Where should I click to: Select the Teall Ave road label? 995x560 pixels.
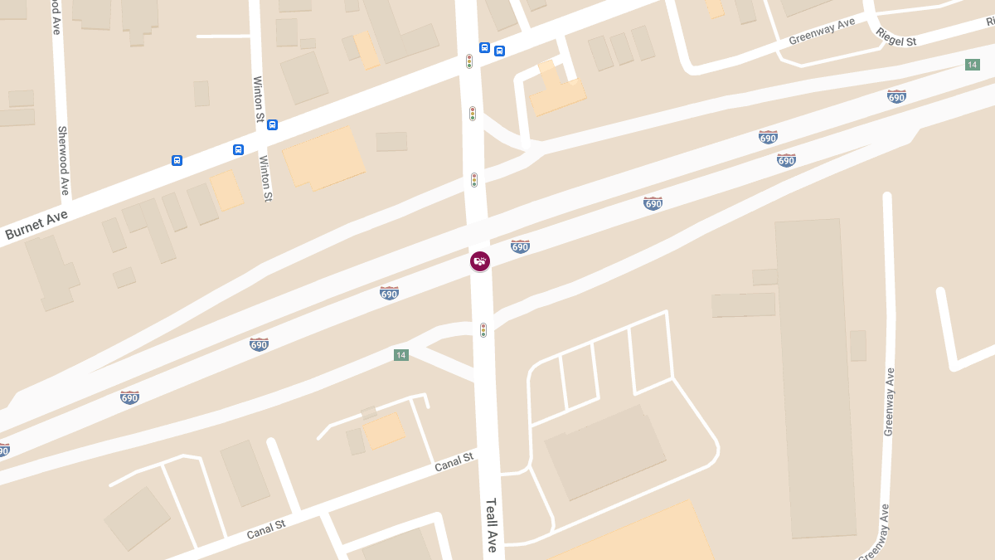click(492, 524)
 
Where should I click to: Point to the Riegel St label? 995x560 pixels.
click(896, 37)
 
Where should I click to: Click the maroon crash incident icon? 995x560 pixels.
click(480, 261)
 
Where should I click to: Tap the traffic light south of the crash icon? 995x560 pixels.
click(483, 330)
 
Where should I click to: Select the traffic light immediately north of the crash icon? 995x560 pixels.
click(474, 180)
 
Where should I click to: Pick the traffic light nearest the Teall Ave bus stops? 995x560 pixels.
click(469, 61)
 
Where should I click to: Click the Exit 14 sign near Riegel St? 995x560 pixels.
click(973, 65)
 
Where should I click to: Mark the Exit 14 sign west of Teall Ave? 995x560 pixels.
click(401, 355)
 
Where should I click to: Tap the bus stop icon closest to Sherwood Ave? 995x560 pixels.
click(177, 160)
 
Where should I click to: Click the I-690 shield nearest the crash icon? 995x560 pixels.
click(520, 246)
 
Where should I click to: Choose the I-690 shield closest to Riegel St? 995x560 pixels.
click(896, 96)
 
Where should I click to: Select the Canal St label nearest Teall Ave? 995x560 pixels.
click(454, 462)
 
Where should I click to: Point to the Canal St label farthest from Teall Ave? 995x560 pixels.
click(266, 529)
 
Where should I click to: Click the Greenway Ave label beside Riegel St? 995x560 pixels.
click(822, 32)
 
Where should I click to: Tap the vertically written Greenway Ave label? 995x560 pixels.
click(889, 402)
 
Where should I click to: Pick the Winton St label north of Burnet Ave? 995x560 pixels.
click(258, 100)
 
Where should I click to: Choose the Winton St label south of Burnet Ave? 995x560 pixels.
click(265, 178)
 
